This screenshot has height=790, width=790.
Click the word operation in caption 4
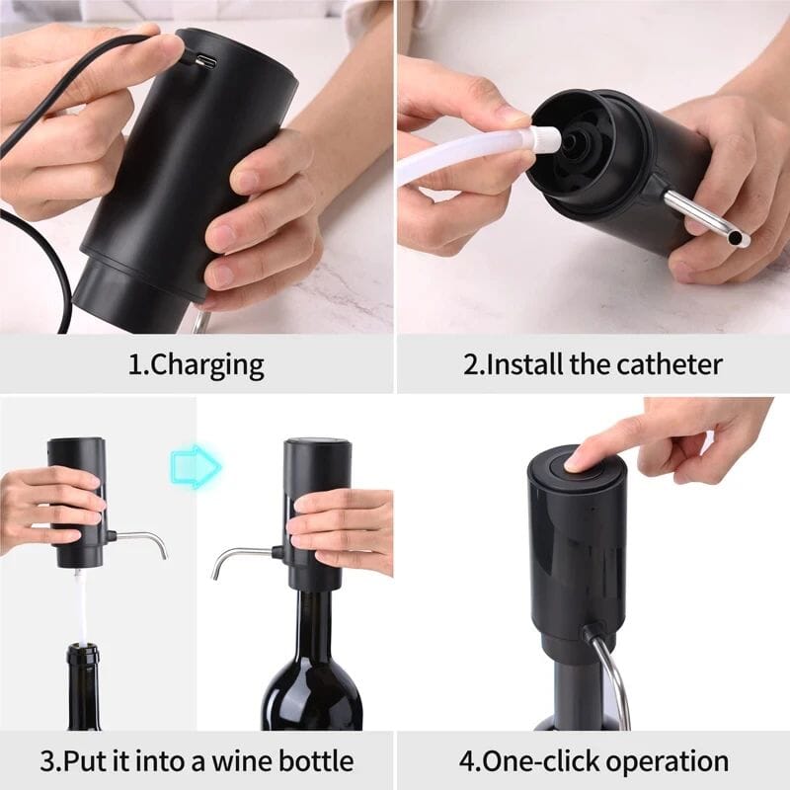pos(668,761)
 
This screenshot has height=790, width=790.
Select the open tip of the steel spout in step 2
pos(741,240)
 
